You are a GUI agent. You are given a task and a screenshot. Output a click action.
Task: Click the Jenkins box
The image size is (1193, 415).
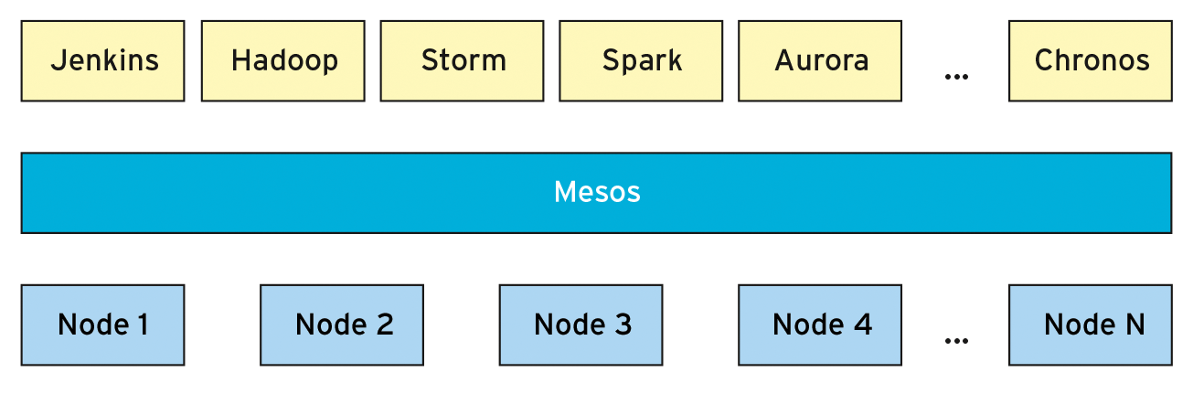[x=102, y=61]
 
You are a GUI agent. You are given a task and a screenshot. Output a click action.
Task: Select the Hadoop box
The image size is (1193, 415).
[x=283, y=61]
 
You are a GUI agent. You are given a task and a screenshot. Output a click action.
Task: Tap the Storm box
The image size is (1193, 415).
[x=463, y=61]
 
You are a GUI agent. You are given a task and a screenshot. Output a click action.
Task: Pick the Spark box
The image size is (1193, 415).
[x=642, y=61]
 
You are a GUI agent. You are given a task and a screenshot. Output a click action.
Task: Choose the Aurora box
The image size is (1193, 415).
[x=820, y=61]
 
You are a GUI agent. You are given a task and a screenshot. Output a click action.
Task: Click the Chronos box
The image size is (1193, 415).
[x=1091, y=61]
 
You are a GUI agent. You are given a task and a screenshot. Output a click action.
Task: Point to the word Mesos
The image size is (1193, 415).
[x=597, y=193]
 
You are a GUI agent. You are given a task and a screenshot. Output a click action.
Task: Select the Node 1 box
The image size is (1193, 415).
[x=102, y=325]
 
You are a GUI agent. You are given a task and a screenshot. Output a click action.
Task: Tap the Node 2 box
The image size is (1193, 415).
[x=342, y=325]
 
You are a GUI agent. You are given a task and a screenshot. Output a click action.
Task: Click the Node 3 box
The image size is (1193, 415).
[x=581, y=325]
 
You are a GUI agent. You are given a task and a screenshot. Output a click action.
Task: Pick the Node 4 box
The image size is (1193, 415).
[x=820, y=325]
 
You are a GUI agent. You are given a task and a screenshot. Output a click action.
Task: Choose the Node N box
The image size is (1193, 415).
[x=1091, y=325]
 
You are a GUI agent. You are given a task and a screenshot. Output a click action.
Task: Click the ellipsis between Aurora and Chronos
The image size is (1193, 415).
[x=956, y=77]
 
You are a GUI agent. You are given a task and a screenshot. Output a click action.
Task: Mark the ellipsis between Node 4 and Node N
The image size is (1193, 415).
[x=956, y=341]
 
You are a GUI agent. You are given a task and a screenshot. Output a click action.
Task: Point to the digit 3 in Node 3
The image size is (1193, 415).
[x=623, y=325]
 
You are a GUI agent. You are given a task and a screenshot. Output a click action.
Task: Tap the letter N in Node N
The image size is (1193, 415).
[x=1134, y=325]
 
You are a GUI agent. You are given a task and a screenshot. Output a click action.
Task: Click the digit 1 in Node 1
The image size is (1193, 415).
[x=142, y=325]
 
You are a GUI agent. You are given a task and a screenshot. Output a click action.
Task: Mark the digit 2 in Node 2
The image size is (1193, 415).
[x=384, y=325]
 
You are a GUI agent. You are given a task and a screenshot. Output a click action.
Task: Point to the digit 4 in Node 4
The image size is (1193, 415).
[x=862, y=325]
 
